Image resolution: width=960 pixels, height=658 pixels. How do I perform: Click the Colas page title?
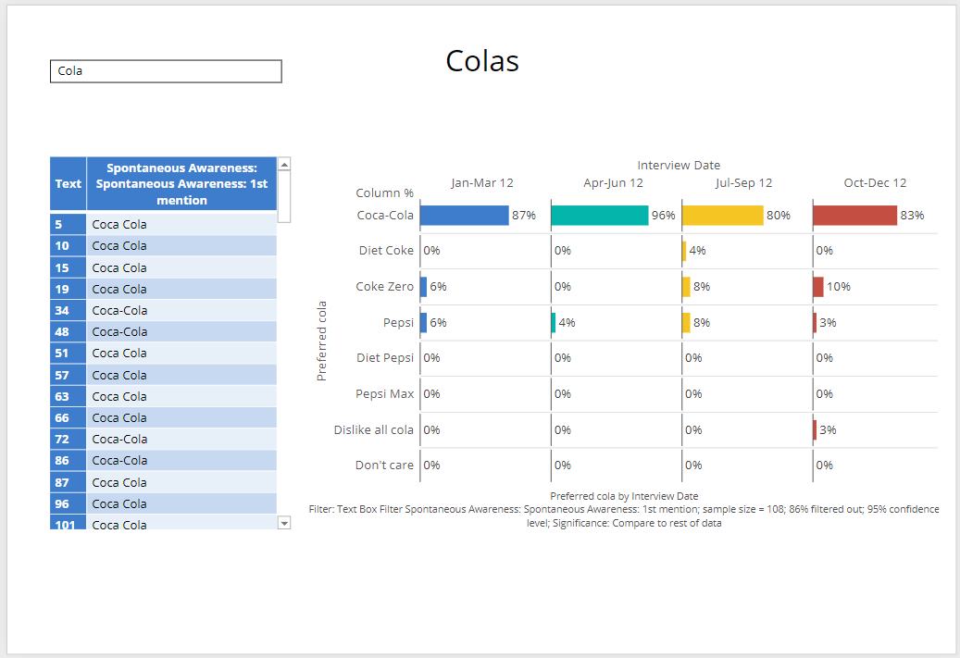[481, 61]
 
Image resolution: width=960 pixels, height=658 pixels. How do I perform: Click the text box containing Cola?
[166, 71]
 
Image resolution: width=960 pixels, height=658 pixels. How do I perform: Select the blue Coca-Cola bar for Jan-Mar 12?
[464, 216]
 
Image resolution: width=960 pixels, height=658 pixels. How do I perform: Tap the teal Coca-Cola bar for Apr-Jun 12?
[599, 216]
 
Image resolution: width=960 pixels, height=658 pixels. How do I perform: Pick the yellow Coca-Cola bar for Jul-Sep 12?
[722, 216]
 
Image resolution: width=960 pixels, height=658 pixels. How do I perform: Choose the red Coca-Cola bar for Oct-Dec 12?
[854, 216]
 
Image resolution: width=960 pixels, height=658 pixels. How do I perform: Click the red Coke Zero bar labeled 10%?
[818, 287]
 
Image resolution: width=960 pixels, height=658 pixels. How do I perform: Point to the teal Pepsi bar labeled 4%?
[554, 322]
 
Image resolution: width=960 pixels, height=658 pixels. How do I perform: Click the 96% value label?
[663, 216]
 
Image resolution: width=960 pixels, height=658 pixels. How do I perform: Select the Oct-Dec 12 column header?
[875, 183]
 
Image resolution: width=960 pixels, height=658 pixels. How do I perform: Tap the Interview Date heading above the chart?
[679, 166]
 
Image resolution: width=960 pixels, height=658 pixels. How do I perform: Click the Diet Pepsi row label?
[385, 358]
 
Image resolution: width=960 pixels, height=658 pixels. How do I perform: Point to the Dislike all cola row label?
[374, 429]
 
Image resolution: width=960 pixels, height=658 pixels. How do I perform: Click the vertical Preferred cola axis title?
[322, 341]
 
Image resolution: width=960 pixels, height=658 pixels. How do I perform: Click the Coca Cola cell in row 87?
[181, 482]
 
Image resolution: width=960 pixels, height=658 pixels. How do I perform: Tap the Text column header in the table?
[68, 183]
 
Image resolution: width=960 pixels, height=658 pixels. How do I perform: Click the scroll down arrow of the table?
[284, 523]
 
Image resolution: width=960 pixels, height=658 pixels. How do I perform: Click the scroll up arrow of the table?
[284, 165]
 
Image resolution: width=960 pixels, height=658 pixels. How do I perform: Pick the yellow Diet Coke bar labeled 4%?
[684, 251]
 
